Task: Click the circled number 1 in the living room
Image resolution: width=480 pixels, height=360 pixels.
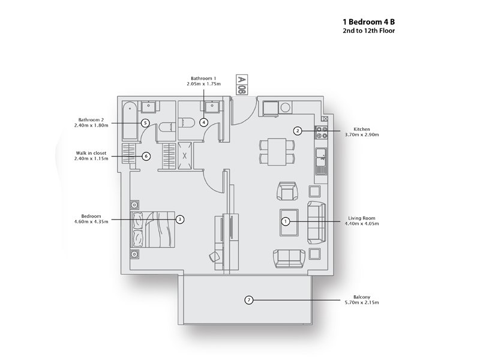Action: (x=286, y=221)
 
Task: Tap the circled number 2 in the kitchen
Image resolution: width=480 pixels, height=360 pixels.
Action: (x=297, y=131)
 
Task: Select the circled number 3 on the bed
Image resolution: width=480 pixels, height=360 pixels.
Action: (x=179, y=220)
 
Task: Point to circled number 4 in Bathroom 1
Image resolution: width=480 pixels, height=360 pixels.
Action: (x=204, y=122)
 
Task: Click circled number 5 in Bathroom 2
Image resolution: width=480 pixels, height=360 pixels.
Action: (x=145, y=122)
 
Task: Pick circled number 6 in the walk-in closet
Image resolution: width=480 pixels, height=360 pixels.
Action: (x=145, y=156)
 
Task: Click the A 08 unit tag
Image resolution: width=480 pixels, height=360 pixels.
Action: (x=241, y=85)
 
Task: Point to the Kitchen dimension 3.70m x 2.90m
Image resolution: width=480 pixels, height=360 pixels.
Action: (x=366, y=135)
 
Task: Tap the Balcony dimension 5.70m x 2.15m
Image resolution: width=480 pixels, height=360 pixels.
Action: (x=361, y=303)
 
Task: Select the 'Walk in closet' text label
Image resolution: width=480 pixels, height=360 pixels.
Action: (x=91, y=153)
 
